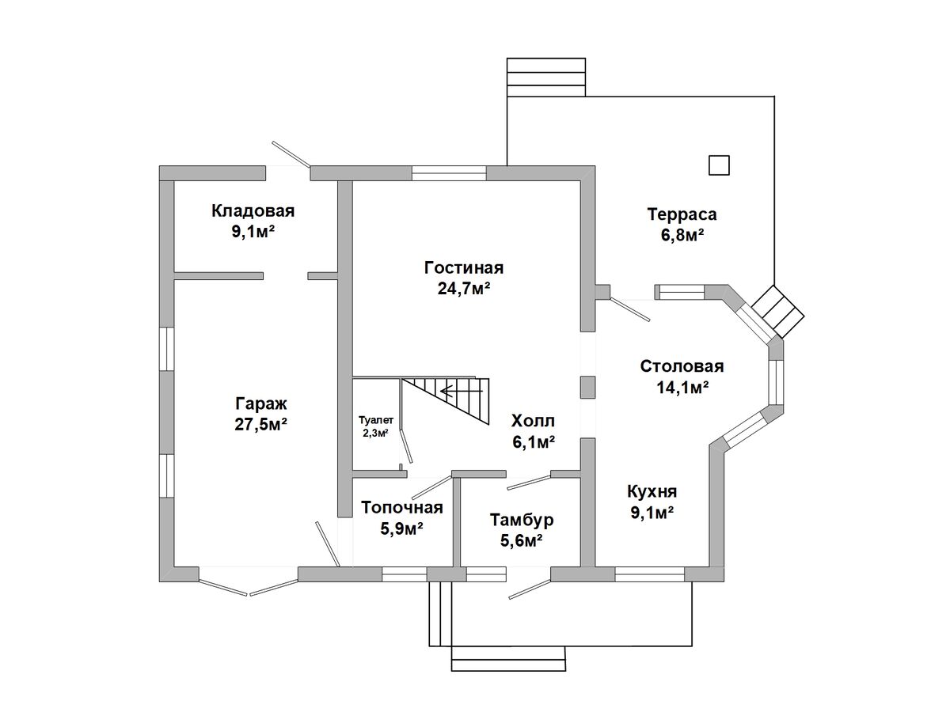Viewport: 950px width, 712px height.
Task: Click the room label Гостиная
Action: (464, 268)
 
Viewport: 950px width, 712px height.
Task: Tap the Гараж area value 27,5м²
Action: (261, 425)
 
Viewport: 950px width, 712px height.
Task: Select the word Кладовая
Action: (253, 211)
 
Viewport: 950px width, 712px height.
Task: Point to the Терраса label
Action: (682, 214)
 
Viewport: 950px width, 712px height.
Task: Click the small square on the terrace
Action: (719, 165)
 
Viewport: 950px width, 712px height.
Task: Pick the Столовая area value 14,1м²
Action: (682, 388)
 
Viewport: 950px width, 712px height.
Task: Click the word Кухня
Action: (652, 492)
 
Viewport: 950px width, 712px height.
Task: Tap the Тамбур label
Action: (522, 520)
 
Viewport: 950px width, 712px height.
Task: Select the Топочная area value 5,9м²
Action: (401, 528)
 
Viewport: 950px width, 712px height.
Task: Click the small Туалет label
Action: (376, 420)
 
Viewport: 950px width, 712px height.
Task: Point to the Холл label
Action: (533, 421)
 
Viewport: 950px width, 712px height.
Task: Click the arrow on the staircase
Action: (462, 392)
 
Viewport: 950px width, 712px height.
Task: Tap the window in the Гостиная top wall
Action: (449, 173)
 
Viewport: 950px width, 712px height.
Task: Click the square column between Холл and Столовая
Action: (587, 388)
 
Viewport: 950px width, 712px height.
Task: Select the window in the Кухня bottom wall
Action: (649, 574)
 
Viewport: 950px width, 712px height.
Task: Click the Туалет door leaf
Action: (406, 446)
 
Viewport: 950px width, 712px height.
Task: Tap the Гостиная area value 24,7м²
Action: (464, 288)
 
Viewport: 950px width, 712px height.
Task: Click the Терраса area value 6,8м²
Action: (682, 236)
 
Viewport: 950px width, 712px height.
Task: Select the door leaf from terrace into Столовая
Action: (630, 309)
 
